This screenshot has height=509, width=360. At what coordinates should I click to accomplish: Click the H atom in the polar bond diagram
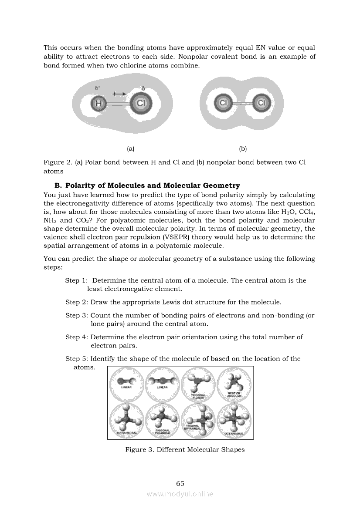[98, 104]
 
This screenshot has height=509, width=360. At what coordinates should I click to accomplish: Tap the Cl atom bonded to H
[140, 104]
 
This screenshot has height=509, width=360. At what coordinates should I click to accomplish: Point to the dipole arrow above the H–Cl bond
[119, 94]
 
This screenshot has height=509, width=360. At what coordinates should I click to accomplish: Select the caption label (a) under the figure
[130, 148]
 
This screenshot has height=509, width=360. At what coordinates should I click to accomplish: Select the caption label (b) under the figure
[243, 148]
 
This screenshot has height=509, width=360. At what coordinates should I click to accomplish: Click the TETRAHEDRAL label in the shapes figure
[127, 433]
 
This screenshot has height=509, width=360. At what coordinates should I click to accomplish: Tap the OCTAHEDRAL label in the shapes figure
[234, 434]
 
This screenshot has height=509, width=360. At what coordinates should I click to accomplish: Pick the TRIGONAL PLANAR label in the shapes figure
[198, 396]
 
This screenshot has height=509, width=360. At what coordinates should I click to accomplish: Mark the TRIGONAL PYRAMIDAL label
[162, 432]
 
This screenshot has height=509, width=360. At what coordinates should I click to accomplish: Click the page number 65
[180, 483]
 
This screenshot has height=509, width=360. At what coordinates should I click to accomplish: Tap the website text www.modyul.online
[180, 494]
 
